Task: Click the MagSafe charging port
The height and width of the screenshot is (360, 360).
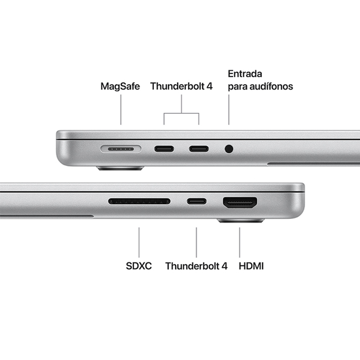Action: (121, 149)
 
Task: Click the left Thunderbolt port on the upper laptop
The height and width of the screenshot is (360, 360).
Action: (164, 149)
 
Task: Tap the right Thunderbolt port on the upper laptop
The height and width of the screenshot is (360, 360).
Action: (199, 149)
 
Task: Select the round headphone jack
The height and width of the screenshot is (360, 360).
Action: (229, 149)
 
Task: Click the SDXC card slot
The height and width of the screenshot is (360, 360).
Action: (139, 201)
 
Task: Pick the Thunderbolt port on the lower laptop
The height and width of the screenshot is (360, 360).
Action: (197, 201)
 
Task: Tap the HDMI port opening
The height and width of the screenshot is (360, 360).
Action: (240, 203)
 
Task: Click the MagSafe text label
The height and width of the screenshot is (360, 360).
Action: (120, 87)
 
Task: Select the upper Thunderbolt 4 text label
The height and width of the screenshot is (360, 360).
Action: (181, 87)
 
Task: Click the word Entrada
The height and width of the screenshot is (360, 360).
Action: (245, 74)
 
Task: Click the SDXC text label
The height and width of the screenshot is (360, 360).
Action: (139, 266)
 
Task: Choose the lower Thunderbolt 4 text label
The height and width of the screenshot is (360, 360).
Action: (196, 266)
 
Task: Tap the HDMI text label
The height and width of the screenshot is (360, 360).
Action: (251, 266)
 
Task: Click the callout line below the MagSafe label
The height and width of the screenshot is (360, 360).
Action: (121, 109)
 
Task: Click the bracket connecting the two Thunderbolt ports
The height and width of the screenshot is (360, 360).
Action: (181, 113)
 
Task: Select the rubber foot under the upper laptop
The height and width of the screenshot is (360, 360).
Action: (120, 168)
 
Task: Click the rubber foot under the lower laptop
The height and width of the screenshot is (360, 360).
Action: (240, 221)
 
